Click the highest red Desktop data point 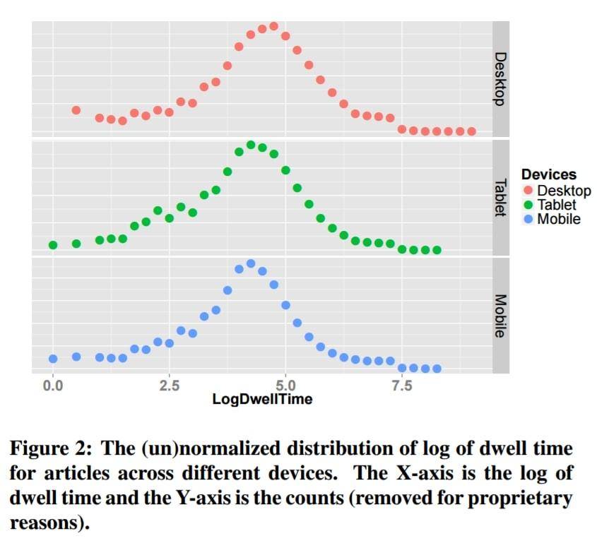(273, 26)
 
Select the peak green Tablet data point (251, 145)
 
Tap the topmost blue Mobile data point (251, 263)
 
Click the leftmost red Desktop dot (76, 110)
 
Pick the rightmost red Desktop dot (471, 131)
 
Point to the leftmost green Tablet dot (53, 245)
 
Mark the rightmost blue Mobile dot (437, 369)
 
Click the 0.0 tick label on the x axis (53, 386)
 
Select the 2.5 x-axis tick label (169, 386)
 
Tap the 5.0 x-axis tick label (285, 386)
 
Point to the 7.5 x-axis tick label (401, 386)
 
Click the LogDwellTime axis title (262, 400)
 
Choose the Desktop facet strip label (500, 78)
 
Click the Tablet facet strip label (500, 197)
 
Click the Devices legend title (548, 174)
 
